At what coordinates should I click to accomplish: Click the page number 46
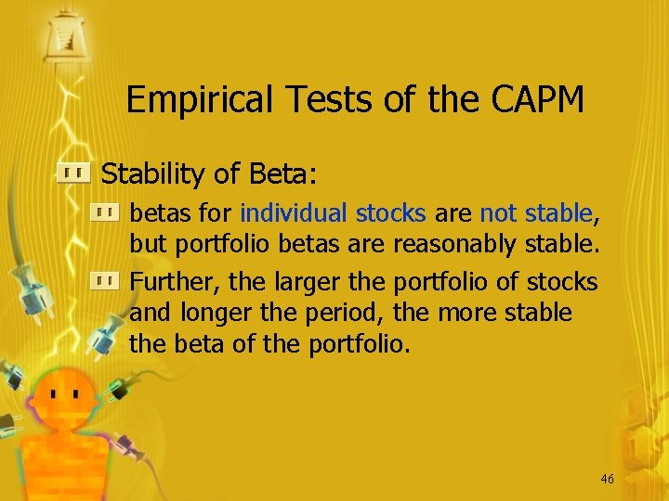[607, 479]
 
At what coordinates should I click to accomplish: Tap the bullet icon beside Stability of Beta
[73, 173]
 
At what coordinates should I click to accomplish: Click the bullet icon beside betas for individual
[104, 213]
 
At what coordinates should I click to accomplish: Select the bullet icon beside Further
[104, 279]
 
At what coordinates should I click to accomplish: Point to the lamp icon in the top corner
[66, 35]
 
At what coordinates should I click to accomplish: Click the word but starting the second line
[147, 245]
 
